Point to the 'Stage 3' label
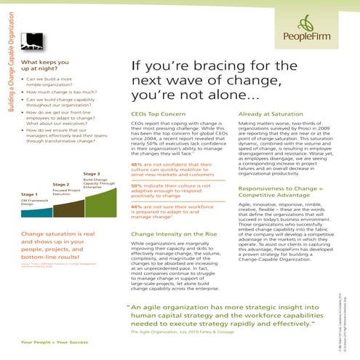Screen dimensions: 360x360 pyautogui.click(x=92, y=174)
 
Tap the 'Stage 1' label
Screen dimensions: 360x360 pyautogui.click(x=29, y=195)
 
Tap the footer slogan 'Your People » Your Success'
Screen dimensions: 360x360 pyautogui.click(x=52, y=341)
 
